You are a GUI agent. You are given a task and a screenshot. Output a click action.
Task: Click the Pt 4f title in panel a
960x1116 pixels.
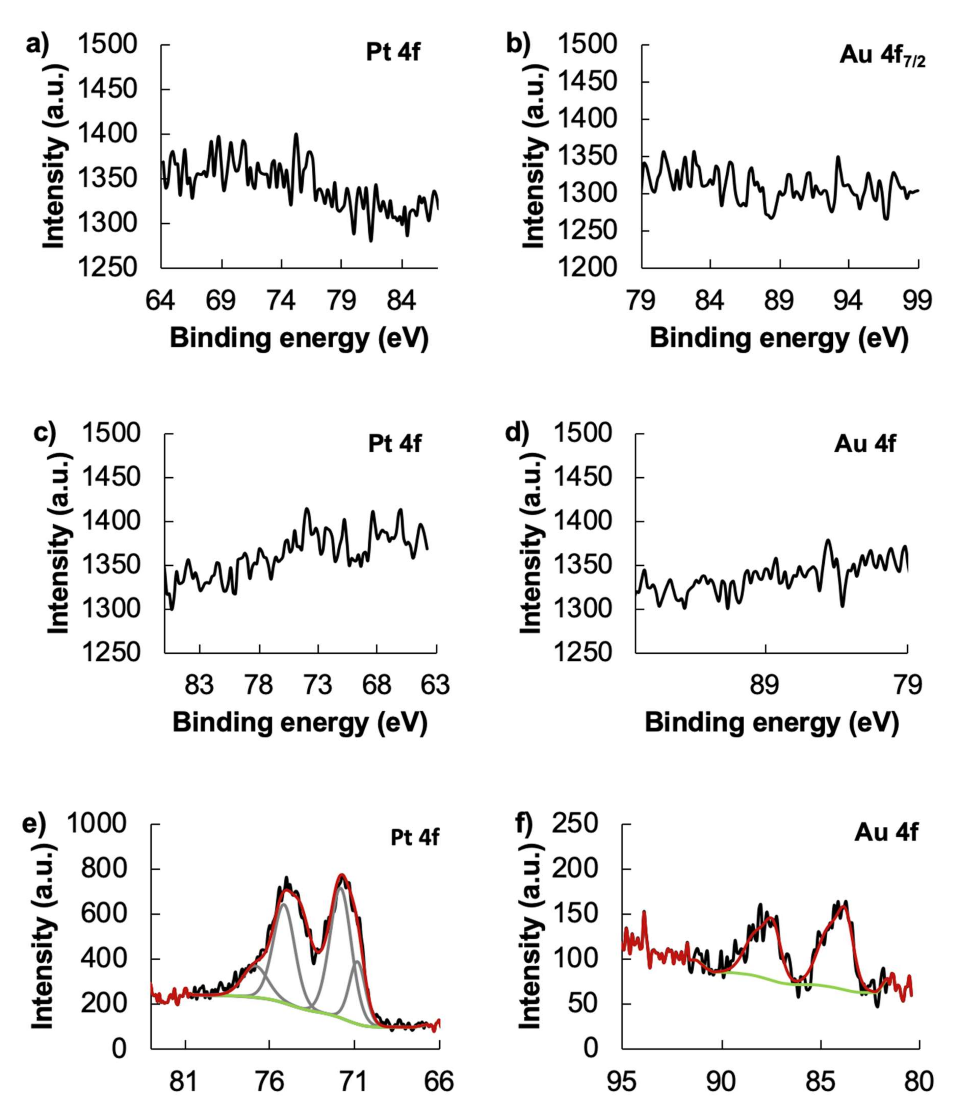393,53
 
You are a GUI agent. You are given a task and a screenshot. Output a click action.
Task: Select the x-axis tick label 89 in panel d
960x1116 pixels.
765,686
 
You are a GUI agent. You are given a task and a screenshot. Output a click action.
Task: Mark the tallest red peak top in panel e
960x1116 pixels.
342,875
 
